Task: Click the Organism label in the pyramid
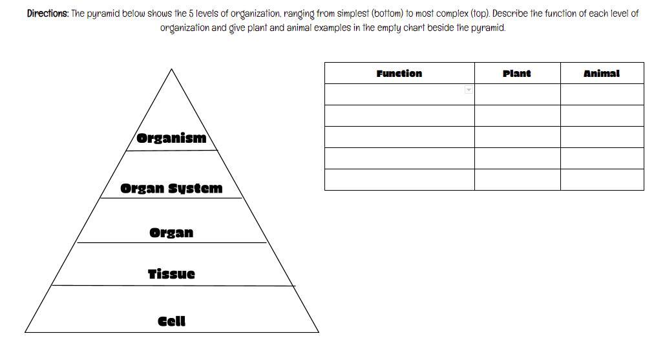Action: tap(171, 138)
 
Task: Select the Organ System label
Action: tap(171, 189)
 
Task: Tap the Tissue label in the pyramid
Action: tap(171, 274)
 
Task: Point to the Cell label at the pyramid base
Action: tap(171, 321)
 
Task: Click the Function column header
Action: tap(399, 74)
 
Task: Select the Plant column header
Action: tap(516, 74)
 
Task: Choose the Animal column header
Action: tap(601, 74)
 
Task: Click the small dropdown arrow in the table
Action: tap(469, 90)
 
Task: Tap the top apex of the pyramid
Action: tap(171, 70)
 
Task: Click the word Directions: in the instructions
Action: tap(47, 14)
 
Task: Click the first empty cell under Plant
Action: tap(517, 94)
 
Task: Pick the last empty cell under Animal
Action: tap(602, 180)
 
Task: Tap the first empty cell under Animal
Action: tap(602, 94)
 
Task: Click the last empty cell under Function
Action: tap(399, 180)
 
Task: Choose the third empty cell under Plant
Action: tap(517, 137)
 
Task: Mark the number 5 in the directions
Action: tap(192, 14)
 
